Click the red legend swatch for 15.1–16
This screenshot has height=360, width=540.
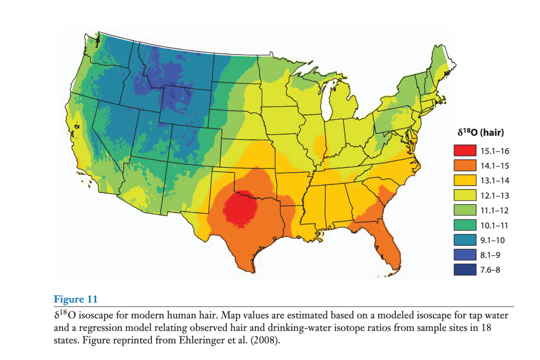coord(464,151)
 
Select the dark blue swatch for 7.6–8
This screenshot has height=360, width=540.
coord(464,269)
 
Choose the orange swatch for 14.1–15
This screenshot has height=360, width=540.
coord(464,166)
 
